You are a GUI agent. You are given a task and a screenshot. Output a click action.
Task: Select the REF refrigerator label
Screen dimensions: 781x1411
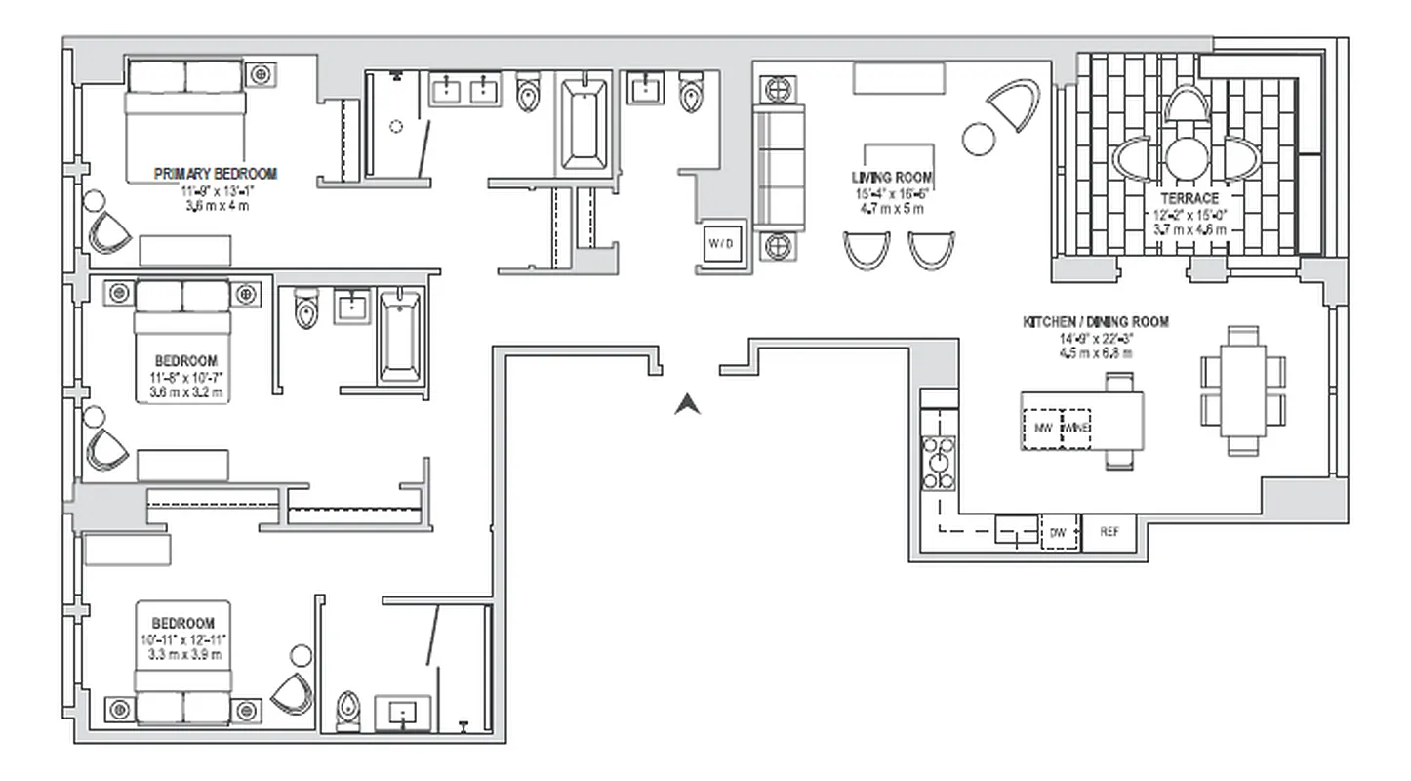click(x=1109, y=532)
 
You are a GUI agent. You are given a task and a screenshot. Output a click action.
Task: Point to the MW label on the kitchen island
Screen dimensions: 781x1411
click(x=1041, y=428)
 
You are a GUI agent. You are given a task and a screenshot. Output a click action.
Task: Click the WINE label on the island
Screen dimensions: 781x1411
click(x=1076, y=428)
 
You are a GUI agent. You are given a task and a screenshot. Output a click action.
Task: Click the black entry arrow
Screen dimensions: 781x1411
click(x=688, y=402)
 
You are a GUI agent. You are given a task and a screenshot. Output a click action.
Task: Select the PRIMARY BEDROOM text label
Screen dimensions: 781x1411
click(x=216, y=174)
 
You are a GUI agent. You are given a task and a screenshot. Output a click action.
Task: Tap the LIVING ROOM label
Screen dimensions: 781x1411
click(x=892, y=179)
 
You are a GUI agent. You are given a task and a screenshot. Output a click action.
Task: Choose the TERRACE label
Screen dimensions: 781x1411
click(x=1189, y=199)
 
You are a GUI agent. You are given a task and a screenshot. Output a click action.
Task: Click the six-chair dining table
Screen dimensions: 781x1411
click(x=1243, y=391)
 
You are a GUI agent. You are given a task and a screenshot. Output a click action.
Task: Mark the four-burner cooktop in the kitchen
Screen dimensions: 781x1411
click(x=939, y=464)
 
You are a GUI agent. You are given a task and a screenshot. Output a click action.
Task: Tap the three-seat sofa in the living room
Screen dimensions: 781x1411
click(x=779, y=167)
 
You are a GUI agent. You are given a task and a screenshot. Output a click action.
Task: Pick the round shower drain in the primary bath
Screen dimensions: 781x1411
click(x=396, y=126)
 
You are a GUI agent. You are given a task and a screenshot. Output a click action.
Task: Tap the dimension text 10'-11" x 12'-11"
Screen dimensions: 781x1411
click(x=182, y=638)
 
